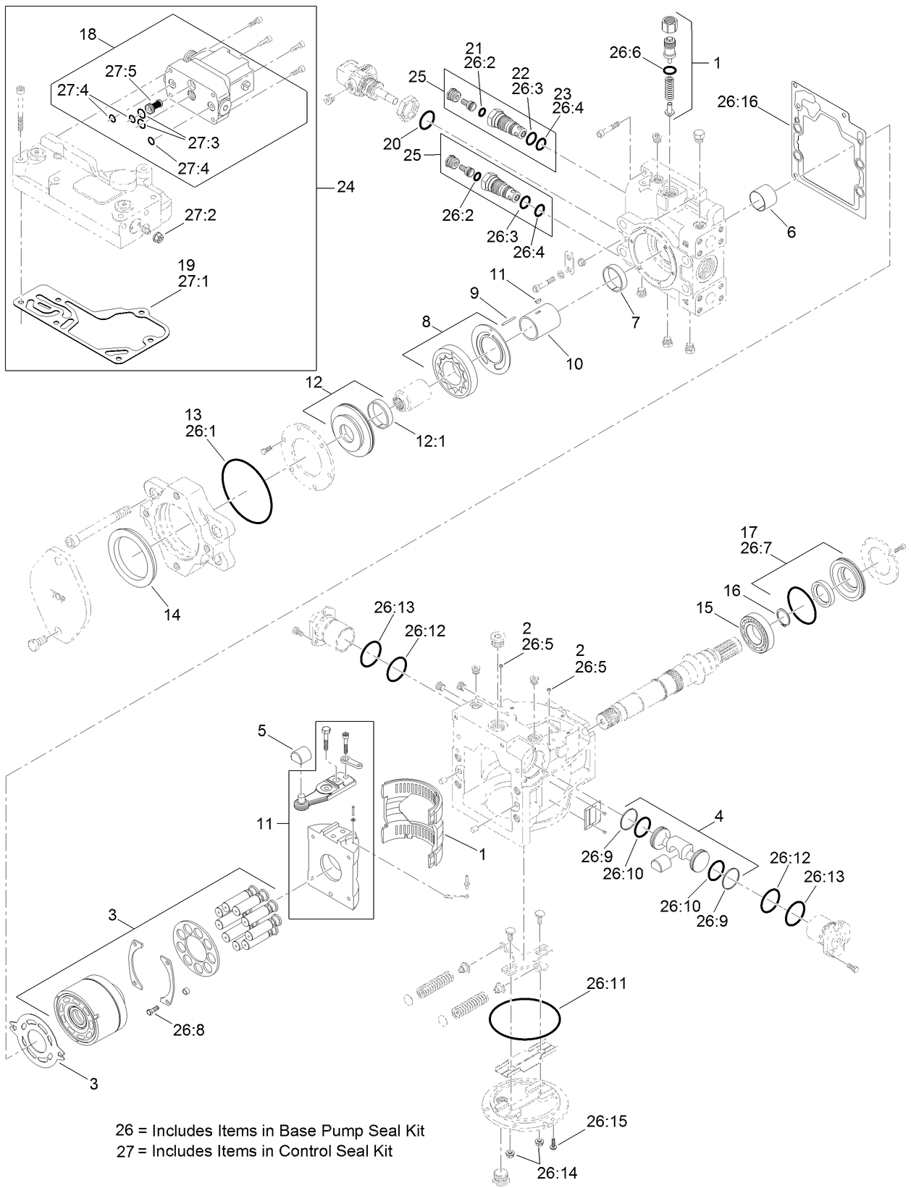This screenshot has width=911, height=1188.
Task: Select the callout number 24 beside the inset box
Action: point(345,187)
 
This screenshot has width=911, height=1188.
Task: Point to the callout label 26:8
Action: point(188,1029)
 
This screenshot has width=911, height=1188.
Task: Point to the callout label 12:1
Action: point(429,439)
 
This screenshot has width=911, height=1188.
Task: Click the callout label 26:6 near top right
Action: point(625,52)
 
